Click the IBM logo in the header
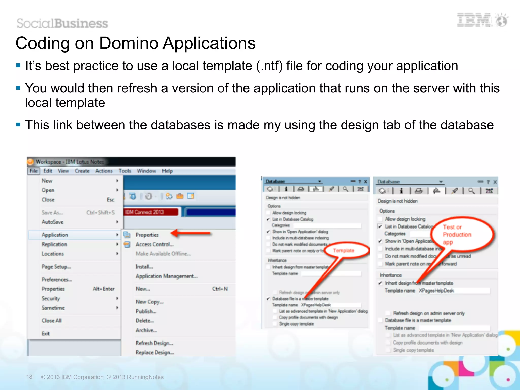tap(474, 20)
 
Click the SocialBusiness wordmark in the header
tap(62, 23)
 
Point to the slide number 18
tap(29, 377)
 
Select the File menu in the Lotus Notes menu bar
tap(34, 171)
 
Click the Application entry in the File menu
tap(55, 235)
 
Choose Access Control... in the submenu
tap(154, 244)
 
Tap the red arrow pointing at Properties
tap(190, 233)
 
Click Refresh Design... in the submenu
tap(154, 343)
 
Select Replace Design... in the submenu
tap(155, 352)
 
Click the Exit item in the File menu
tap(46, 333)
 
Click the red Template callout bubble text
tap(344, 251)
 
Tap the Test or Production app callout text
tap(457, 234)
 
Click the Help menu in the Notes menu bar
tap(167, 171)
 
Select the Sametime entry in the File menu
tap(53, 308)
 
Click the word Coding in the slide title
tap(42, 43)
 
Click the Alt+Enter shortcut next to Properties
tap(103, 289)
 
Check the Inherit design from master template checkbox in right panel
tap(380, 283)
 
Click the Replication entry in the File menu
tap(54, 244)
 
